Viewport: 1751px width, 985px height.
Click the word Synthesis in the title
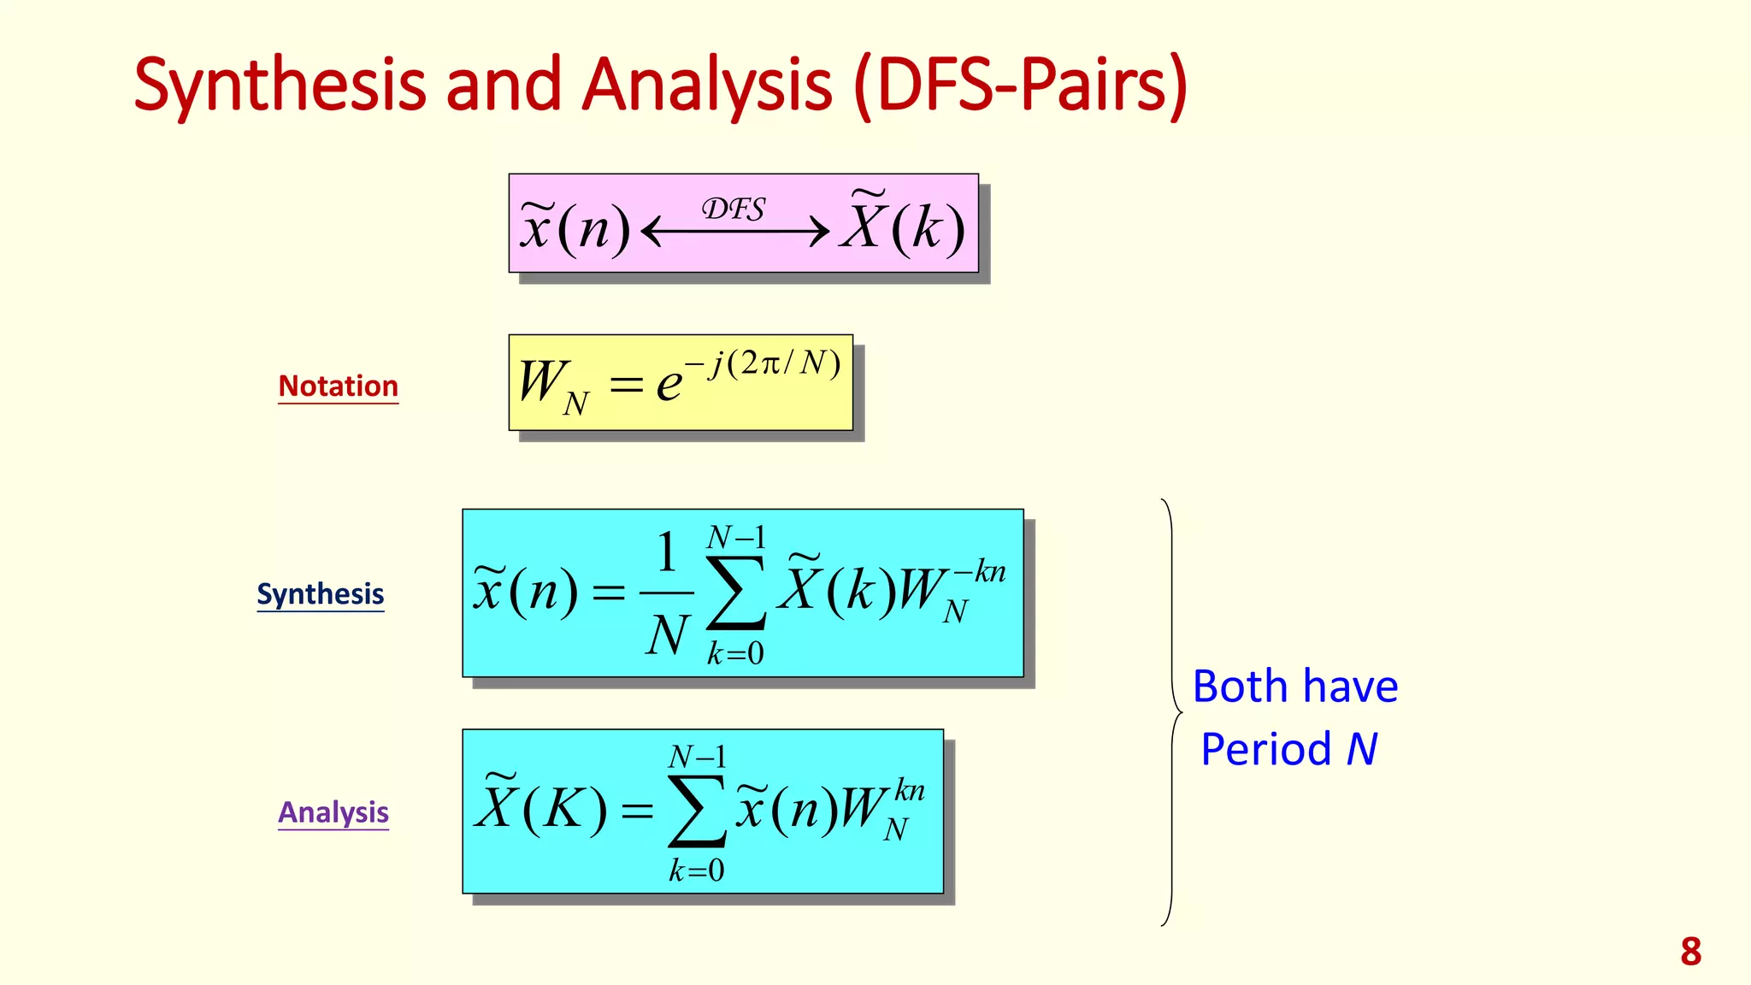(280, 86)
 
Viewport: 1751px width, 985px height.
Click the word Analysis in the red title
(706, 86)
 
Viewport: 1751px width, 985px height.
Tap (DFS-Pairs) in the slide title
(1020, 86)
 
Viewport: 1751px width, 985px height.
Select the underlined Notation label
(338, 386)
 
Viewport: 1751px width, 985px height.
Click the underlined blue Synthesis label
(321, 594)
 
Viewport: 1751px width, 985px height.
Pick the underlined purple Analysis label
(333, 812)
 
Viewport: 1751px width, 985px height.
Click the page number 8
(1690, 952)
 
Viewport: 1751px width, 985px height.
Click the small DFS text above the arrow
(734, 209)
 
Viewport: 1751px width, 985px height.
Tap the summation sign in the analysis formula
(697, 811)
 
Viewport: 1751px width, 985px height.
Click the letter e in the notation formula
(669, 384)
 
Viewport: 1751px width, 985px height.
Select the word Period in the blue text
(1265, 750)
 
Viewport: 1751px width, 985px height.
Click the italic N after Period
(1361, 750)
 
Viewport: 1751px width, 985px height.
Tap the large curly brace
(1171, 712)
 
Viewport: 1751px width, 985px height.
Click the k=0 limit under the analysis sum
(697, 870)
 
